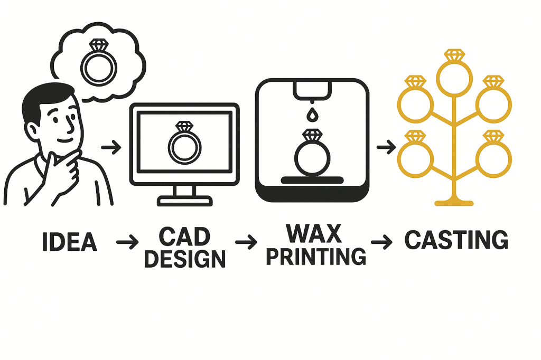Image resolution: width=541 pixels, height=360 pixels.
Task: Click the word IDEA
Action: point(69,241)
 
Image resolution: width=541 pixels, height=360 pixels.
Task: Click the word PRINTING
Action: point(316,256)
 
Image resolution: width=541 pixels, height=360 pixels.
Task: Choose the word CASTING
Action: point(456,241)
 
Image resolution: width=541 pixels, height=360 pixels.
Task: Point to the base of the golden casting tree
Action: point(453,202)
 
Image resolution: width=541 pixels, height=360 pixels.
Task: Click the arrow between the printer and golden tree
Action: point(384,147)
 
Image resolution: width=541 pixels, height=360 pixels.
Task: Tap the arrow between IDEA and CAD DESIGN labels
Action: point(127,243)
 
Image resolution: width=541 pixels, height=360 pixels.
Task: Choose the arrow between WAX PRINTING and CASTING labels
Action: point(381,242)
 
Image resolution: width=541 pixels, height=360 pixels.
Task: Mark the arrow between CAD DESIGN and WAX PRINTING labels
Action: point(246,243)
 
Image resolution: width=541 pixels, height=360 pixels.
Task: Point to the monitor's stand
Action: point(185,196)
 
